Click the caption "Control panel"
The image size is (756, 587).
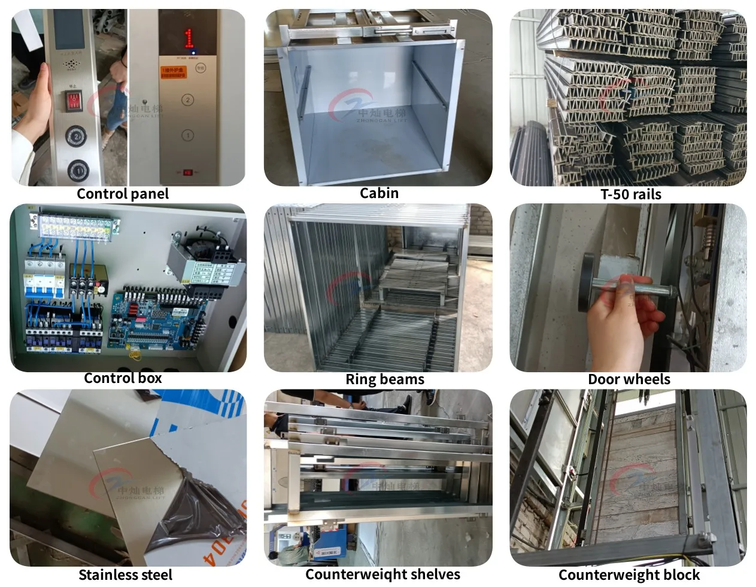(123, 194)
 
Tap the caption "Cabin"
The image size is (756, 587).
(379, 193)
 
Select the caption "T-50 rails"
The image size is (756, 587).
(631, 194)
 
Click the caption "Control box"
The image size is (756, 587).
(123, 378)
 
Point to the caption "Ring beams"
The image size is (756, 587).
(384, 379)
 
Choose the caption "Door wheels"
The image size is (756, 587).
(629, 379)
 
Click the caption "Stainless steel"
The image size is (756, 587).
(125, 575)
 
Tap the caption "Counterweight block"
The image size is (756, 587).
(629, 575)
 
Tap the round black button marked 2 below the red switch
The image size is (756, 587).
(77, 136)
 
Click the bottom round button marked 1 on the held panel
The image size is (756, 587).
(77, 170)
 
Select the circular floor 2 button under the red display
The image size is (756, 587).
(187, 100)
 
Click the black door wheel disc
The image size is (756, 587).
(587, 282)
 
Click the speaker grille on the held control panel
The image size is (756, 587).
(72, 63)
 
